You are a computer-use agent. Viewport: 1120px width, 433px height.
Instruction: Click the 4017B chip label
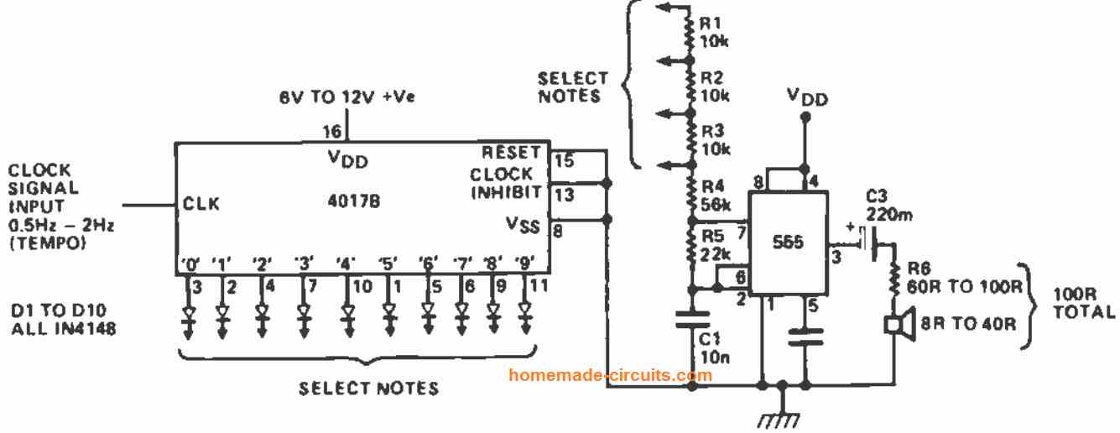(353, 201)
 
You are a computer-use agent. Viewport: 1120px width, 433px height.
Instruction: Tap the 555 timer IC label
(788, 242)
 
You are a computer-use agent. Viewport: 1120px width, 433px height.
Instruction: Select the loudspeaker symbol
(900, 325)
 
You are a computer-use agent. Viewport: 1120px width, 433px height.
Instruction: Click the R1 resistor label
(710, 23)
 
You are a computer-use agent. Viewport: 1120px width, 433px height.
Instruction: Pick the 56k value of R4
(716, 205)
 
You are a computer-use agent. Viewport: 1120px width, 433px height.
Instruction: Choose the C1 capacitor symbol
(692, 320)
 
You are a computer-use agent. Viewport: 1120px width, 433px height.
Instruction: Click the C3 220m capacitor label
(888, 205)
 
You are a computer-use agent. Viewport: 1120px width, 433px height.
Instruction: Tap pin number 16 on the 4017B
(332, 132)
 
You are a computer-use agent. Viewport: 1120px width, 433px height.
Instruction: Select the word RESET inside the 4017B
(511, 153)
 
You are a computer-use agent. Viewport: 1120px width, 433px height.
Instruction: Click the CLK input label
(201, 204)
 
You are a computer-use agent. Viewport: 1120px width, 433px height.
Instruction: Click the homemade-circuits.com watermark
(610, 375)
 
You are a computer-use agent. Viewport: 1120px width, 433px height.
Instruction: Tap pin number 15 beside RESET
(565, 160)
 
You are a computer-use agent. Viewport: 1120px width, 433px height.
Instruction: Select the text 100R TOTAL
(1084, 303)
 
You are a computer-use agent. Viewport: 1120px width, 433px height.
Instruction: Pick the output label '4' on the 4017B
(346, 263)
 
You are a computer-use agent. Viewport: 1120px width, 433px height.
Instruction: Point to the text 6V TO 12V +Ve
(347, 97)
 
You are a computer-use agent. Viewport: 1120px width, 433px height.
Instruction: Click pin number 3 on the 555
(836, 257)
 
